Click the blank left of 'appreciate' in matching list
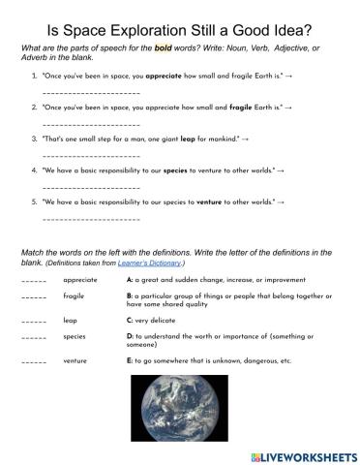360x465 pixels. pyautogui.click(x=32, y=281)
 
